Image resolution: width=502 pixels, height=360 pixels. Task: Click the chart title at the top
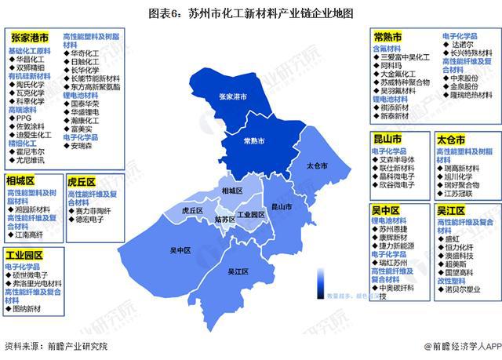click(251, 13)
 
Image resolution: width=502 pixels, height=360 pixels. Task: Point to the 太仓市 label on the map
click(316, 166)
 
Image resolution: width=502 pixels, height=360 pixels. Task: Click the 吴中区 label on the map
click(180, 250)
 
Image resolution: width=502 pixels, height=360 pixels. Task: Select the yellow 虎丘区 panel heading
click(81, 181)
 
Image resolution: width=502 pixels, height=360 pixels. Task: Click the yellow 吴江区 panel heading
click(451, 210)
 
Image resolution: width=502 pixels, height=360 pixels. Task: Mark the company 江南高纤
click(31, 235)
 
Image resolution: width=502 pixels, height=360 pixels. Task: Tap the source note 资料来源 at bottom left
click(56, 346)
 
